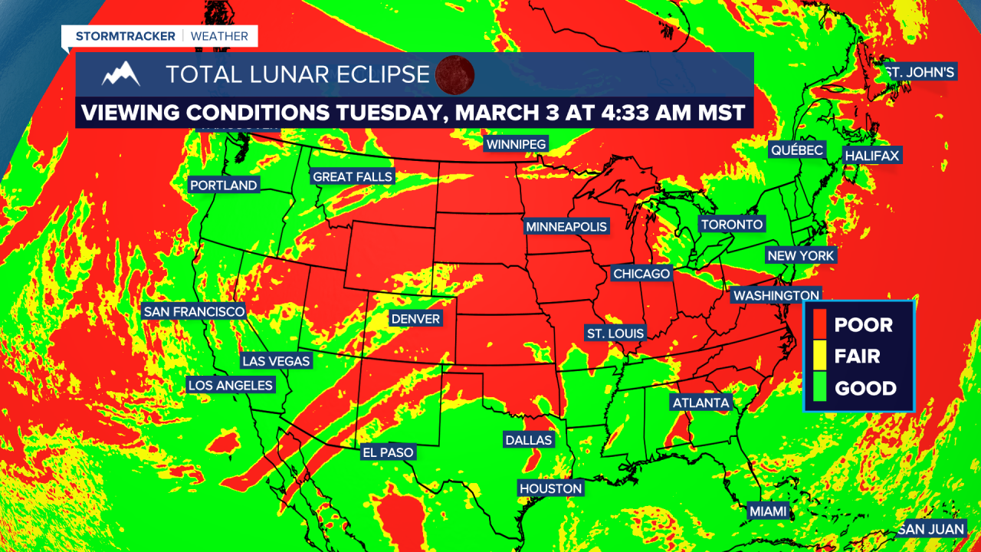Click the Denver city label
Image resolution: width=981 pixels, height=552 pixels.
coord(415,319)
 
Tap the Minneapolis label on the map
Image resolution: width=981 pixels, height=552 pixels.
coord(566,227)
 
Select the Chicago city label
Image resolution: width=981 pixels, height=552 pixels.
coord(641,274)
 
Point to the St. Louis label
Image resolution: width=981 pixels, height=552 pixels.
coord(615,333)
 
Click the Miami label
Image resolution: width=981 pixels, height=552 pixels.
coord(769,511)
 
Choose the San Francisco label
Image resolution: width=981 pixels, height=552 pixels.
coord(194,311)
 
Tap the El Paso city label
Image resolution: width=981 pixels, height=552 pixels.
coord(388,452)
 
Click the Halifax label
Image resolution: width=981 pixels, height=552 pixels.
coord(872,156)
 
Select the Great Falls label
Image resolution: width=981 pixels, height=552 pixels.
coord(353,177)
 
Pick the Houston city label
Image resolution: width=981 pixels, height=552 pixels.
coord(550,488)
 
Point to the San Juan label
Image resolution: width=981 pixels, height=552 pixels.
coord(931,529)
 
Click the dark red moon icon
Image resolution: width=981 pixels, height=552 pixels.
coord(454,74)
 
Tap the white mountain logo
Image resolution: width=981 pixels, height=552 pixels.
coord(120,74)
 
